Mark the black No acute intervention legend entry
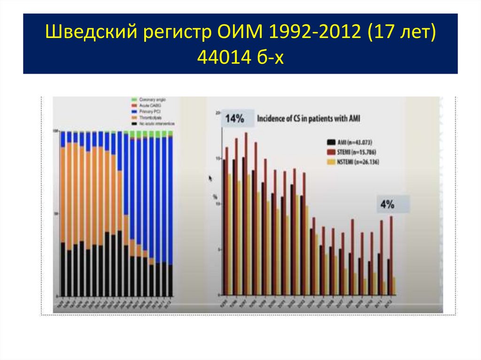click(153, 123)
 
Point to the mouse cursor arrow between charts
click(210, 178)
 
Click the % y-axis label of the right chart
click(215, 196)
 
